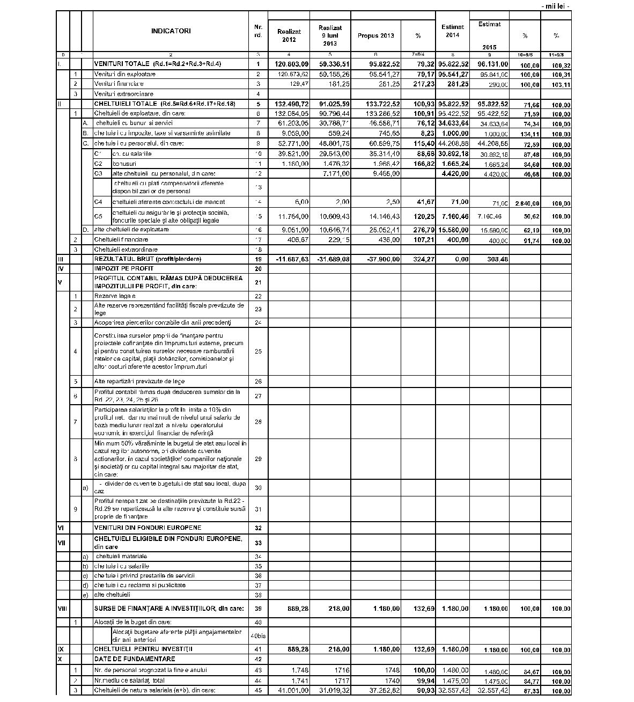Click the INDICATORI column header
point(171,31)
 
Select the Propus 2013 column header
point(375,35)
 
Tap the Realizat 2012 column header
point(289,35)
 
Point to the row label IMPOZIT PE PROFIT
point(124,268)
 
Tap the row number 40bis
point(258,636)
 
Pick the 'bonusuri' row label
point(124,164)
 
